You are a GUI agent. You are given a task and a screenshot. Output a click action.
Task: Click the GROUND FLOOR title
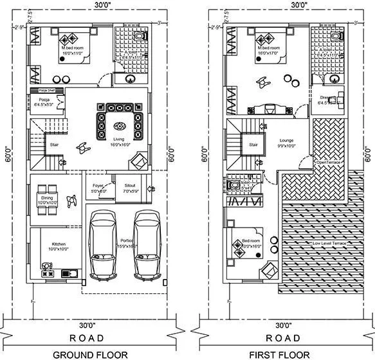(x=90, y=354)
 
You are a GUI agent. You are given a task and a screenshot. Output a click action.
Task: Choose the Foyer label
(x=98, y=188)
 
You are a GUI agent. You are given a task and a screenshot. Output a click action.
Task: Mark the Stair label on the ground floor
(x=54, y=145)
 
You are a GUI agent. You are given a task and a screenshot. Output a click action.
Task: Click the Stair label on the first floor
(x=253, y=145)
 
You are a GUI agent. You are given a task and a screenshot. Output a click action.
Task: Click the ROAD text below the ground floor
(x=90, y=338)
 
